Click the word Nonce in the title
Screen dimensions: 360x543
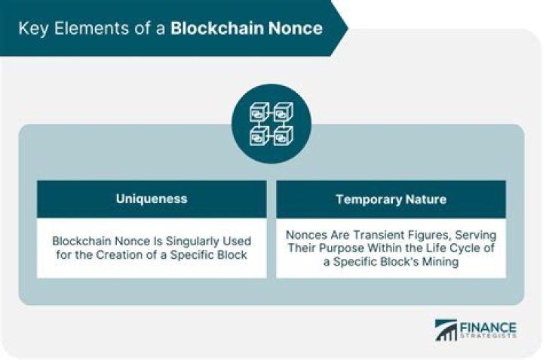(295, 29)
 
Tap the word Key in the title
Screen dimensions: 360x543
(32, 29)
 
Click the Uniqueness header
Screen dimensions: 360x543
(151, 199)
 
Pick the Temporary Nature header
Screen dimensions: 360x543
(391, 199)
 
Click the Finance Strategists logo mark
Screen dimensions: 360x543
(445, 331)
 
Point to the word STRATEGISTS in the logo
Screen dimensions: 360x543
(488, 337)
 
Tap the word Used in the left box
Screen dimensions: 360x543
(237, 242)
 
